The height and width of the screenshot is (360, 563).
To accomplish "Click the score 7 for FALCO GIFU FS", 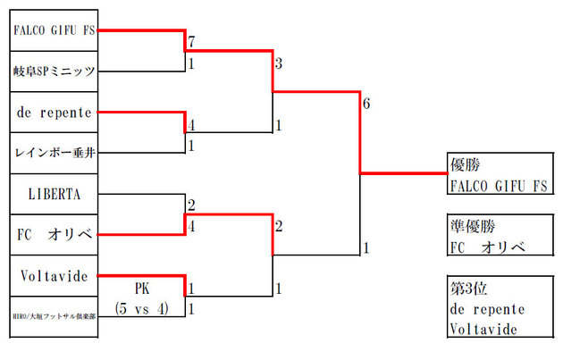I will [x=191, y=44].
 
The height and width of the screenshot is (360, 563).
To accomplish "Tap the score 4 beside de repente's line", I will [x=191, y=126].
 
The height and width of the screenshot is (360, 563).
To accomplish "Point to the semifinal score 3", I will [x=279, y=64].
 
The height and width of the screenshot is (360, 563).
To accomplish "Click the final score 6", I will [x=366, y=105].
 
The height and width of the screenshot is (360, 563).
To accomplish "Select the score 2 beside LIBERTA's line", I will [x=191, y=205].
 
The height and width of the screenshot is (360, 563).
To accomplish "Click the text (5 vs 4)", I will [x=143, y=308].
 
